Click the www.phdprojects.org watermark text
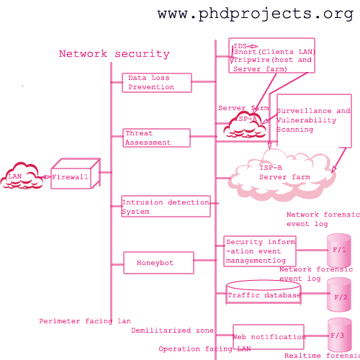256,14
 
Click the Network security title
114,54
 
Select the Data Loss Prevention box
157,83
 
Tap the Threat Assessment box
156,138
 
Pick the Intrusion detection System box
166,207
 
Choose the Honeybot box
158,263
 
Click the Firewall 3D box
72,175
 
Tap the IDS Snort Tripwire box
272,56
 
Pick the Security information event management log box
259,251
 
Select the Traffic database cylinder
264,294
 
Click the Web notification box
268,336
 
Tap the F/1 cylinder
338,251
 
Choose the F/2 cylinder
338,295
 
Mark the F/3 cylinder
338,336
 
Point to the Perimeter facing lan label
85,321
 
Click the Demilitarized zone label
172,330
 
